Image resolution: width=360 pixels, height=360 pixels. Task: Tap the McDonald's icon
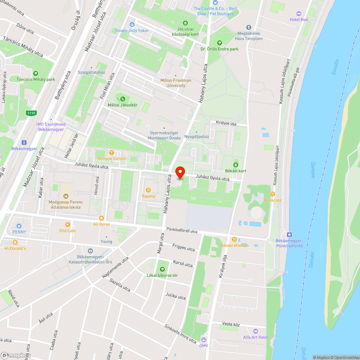pyautogui.click(x=15, y=242)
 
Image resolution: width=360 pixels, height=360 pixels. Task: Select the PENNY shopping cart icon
pyautogui.click(x=19, y=226)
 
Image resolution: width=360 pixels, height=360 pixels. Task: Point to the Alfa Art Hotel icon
pyautogui.click(x=256, y=331)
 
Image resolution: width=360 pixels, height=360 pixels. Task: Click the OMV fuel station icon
pyautogui.click(x=204, y=339)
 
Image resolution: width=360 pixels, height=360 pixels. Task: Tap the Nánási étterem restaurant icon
pyautogui.click(x=234, y=239)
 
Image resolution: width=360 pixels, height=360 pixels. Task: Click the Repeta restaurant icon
pyautogui.click(x=148, y=190)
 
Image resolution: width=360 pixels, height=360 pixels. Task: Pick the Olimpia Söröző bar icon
pyautogui.click(x=111, y=153)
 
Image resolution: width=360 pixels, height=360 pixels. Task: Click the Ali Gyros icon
pyautogui.click(x=102, y=218)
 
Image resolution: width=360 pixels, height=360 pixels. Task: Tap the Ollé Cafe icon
pyautogui.click(x=68, y=224)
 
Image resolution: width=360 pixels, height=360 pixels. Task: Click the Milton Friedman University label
pyautogui.click(x=176, y=83)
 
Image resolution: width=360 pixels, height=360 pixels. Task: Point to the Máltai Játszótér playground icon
pyautogui.click(x=123, y=99)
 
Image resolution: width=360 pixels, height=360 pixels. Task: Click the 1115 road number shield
pyautogui.click(x=31, y=113)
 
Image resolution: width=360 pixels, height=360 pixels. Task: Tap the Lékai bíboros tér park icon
pyautogui.click(x=162, y=269)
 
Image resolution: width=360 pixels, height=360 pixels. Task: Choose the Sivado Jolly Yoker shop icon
pyautogui.click(x=132, y=24)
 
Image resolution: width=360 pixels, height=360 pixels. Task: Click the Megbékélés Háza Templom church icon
pyautogui.click(x=248, y=27)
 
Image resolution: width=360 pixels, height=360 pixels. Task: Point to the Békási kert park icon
pyautogui.click(x=236, y=165)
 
